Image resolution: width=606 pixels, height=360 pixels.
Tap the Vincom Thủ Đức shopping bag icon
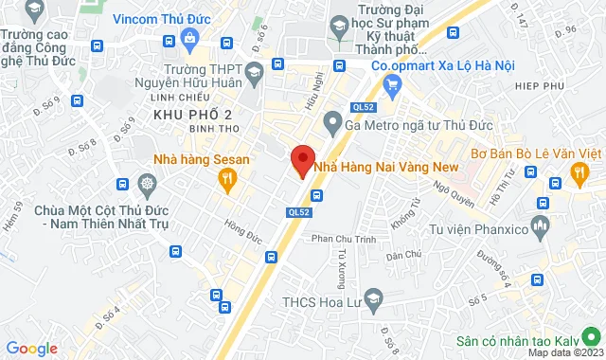pyautogui.click(x=190, y=37)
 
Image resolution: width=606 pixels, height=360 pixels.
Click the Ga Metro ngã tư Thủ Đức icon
pyautogui.click(x=331, y=120)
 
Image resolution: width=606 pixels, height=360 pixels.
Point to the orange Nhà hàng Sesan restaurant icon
pyautogui.click(x=226, y=178)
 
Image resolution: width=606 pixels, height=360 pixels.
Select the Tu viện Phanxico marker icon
pyautogui.click(x=540, y=226)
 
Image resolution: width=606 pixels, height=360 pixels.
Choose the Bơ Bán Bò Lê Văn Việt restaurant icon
pyautogui.click(x=580, y=171)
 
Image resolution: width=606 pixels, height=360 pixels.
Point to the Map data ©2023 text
pyautogui.click(x=564, y=352)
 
